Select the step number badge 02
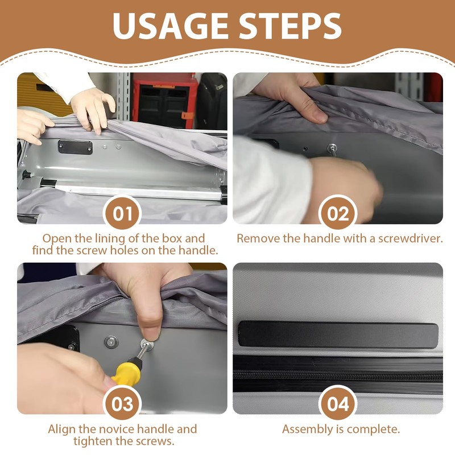pos(338,214)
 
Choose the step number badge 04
pos(338,404)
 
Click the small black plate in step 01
pos(75,147)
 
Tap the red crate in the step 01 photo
pos(165,102)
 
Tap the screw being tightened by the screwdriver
pos(146,344)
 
